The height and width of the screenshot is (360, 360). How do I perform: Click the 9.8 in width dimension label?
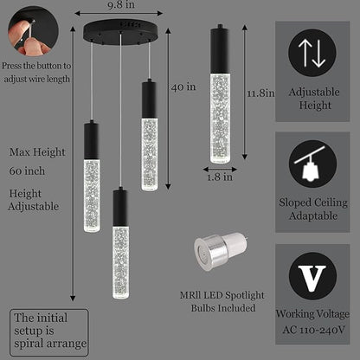coord(121,5)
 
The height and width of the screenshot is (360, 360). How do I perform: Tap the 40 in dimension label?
coord(183,87)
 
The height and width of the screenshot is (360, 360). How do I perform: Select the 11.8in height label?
coord(260,93)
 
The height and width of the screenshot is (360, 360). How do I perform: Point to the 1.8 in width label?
coord(220,177)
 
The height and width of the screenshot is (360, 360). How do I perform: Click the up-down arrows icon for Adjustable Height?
coord(312,53)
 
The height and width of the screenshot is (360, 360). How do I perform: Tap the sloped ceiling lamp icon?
coord(312,164)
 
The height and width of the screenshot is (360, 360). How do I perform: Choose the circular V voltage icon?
coord(312,276)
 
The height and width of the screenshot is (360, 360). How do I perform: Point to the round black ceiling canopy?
coord(120,31)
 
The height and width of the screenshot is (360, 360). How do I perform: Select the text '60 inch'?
coord(27,171)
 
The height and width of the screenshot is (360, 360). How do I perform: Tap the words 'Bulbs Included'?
coord(223,308)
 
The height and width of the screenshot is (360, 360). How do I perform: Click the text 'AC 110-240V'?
coord(313,330)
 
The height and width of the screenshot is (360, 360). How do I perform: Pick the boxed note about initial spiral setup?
coord(49,332)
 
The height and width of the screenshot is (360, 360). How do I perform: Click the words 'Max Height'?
coord(37,152)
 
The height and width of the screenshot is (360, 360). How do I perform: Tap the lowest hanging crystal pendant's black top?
coord(120,207)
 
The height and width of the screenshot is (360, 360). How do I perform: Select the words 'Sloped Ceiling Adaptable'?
coord(313,209)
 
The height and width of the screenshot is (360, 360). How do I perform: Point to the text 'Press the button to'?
coord(36,66)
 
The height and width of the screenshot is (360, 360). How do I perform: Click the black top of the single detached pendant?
coord(220,48)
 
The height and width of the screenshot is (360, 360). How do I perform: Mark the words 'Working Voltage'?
coord(312,314)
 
